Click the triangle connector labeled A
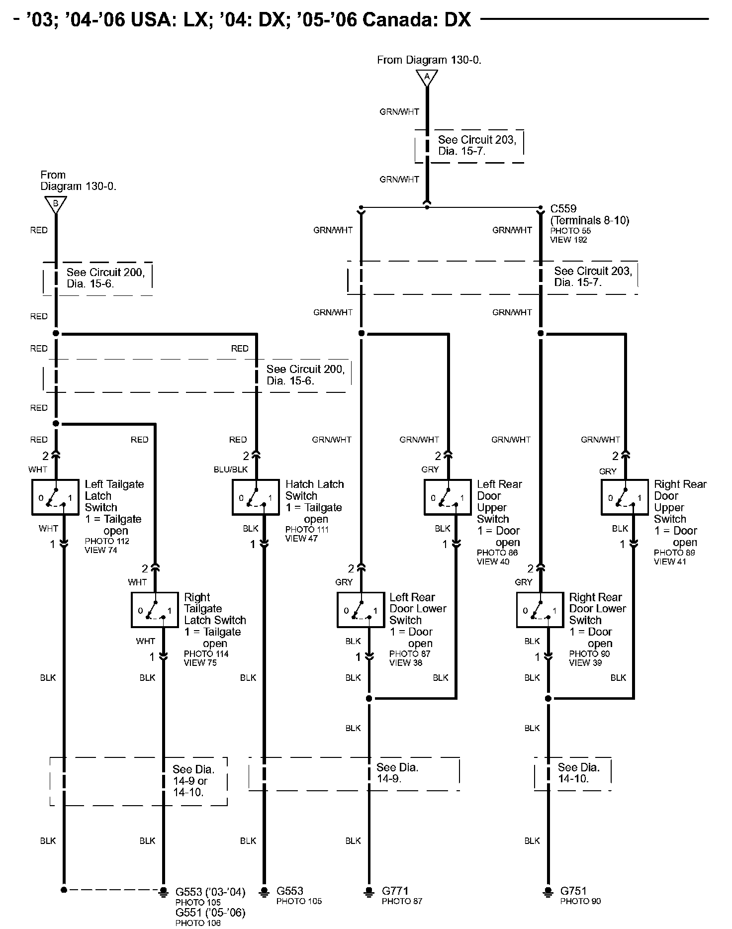(427, 78)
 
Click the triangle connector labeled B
(56, 204)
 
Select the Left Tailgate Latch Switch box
(56, 497)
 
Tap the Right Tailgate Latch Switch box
(155, 610)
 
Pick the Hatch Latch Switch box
(256, 497)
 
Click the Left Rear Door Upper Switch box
(448, 497)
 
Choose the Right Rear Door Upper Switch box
(625, 497)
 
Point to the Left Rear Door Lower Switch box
(361, 610)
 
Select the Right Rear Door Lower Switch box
(540, 610)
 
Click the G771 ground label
(395, 891)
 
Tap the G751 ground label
(574, 891)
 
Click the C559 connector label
(563, 209)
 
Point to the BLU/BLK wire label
(230, 469)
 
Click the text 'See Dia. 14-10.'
(579, 772)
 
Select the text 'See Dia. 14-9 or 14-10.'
(194, 780)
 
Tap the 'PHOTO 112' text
(107, 541)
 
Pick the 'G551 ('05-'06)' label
(210, 913)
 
